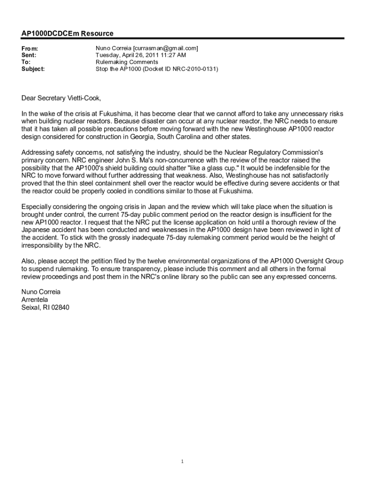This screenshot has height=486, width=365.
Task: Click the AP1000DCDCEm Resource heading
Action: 67,34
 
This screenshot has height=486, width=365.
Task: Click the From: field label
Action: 30,48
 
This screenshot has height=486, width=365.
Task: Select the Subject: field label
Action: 33,69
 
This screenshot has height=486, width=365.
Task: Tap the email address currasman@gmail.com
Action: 165,48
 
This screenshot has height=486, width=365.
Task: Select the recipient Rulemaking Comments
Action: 127,62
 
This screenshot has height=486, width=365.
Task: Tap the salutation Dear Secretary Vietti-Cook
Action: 61,98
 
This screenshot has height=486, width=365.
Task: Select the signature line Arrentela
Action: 35,299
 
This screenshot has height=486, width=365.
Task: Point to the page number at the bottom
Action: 182,461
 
